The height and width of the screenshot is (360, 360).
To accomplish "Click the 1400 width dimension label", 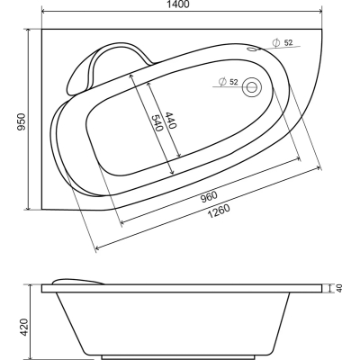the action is point(181,4).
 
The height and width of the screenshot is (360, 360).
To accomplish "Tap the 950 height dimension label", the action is point(21,121).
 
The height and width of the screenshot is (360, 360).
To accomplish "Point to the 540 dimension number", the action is point(157,123).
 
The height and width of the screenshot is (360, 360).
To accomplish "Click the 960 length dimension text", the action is point(209,197).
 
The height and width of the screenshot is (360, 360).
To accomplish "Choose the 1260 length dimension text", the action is point(219,211).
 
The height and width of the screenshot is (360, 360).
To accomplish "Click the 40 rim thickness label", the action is point(339,288).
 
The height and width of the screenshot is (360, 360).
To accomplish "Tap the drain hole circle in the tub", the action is point(252,87).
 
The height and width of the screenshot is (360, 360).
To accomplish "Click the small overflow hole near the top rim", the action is point(251,49).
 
